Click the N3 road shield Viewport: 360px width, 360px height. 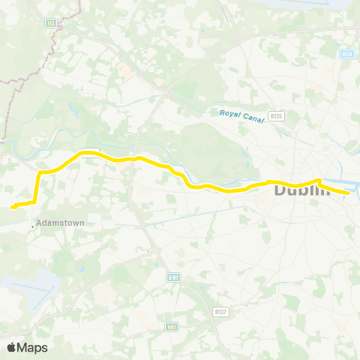click(x=51, y=23)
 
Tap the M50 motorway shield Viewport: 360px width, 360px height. click(x=346, y=54)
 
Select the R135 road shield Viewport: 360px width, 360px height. click(x=277, y=116)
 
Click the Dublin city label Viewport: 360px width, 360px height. click(x=302, y=190)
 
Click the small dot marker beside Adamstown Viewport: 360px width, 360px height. click(x=32, y=224)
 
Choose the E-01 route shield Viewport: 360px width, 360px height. click(x=174, y=277)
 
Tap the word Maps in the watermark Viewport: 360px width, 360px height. click(x=34, y=347)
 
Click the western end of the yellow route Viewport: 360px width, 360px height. click(x=12, y=206)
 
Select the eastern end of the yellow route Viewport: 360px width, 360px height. click(x=349, y=193)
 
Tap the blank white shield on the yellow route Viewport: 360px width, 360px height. click(x=88, y=152)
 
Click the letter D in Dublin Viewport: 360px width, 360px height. click(x=280, y=190)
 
